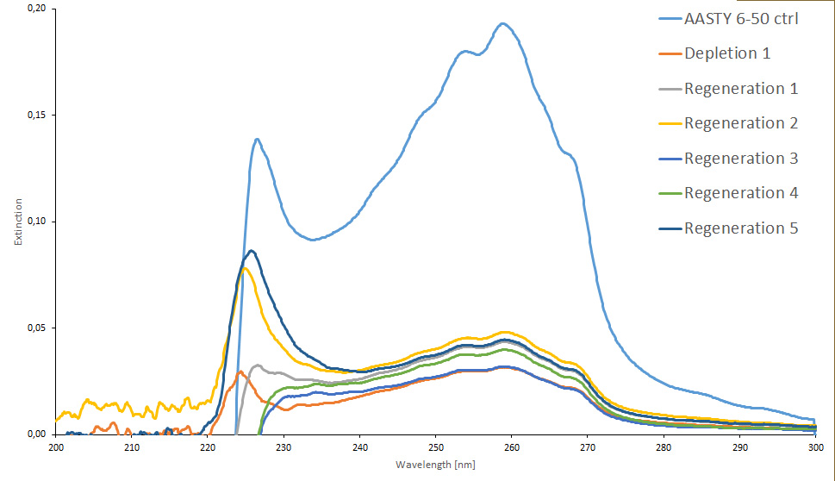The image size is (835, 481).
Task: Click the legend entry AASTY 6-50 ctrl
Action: click(x=741, y=18)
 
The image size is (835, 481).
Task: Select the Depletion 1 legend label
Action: click(x=727, y=53)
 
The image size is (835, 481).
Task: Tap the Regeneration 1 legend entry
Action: click(x=741, y=88)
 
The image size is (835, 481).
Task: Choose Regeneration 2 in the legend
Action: click(x=741, y=123)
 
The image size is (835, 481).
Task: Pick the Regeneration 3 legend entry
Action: click(x=741, y=159)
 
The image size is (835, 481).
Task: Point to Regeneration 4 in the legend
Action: click(x=741, y=193)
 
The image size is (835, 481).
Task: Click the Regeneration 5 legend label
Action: click(x=741, y=228)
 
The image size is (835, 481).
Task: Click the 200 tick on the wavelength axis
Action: click(x=55, y=448)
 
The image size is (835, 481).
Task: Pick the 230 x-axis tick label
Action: click(x=284, y=448)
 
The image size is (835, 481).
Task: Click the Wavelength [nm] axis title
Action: click(x=435, y=465)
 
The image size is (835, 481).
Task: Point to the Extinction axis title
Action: click(x=18, y=222)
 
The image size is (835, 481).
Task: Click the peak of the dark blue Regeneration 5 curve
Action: click(x=251, y=251)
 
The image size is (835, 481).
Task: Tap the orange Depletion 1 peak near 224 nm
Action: click(x=240, y=372)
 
